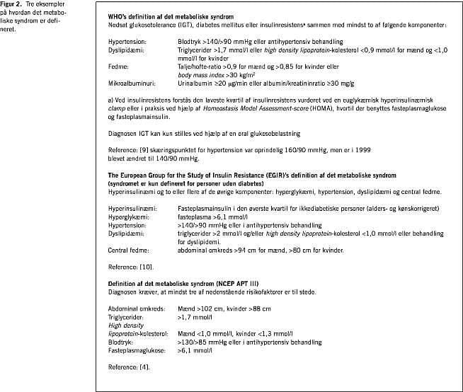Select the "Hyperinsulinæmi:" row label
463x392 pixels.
click(x=131, y=209)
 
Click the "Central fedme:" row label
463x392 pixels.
click(x=127, y=250)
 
